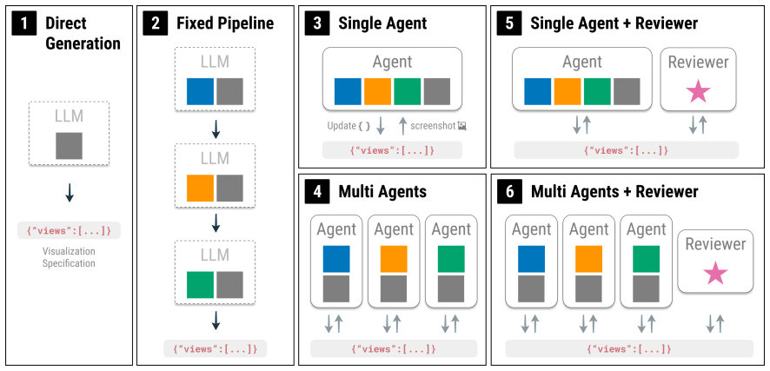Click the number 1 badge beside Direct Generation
click(x=24, y=24)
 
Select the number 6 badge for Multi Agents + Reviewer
click(x=510, y=192)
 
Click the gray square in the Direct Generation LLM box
click(x=70, y=146)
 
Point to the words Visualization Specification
click(x=69, y=257)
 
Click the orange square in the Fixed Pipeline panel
click(x=201, y=189)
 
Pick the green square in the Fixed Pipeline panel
click(x=201, y=285)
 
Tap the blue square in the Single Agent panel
click(x=348, y=91)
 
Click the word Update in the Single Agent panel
click(x=341, y=126)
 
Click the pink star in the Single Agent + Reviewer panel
click(x=698, y=92)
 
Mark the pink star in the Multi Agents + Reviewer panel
click(x=715, y=274)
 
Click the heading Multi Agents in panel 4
click(x=382, y=192)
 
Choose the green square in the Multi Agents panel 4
click(x=451, y=259)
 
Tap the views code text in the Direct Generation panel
click(x=69, y=230)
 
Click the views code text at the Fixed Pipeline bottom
click(x=216, y=349)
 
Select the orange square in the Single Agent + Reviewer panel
click(x=568, y=91)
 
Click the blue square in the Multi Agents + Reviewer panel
click(x=531, y=259)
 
